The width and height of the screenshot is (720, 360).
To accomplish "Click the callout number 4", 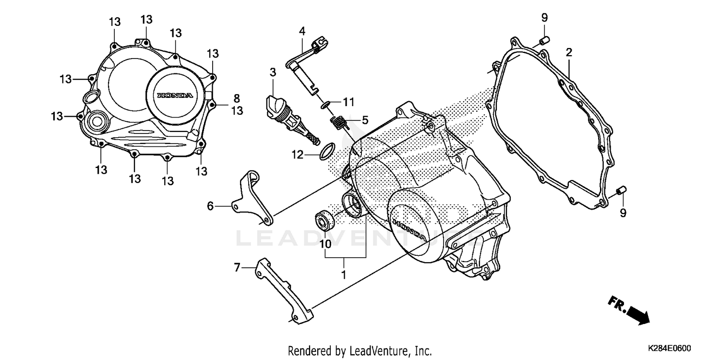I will coord(302,32).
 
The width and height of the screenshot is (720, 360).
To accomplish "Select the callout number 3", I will coord(273,73).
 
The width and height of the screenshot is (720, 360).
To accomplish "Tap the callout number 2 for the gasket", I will coord(569,52).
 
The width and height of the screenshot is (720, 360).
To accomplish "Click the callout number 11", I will coord(348,102).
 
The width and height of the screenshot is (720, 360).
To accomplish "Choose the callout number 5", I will coord(365,120).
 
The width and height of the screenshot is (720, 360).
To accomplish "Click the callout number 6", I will coord(210,206).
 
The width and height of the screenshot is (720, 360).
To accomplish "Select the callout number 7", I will coord(237,267).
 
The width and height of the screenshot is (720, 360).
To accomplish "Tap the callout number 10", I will coord(325,244).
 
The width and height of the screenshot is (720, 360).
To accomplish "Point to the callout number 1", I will coord(344,275).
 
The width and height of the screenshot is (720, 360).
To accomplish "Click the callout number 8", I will coord(237,98).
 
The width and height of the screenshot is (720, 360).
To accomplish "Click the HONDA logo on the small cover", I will coord(175,95).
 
